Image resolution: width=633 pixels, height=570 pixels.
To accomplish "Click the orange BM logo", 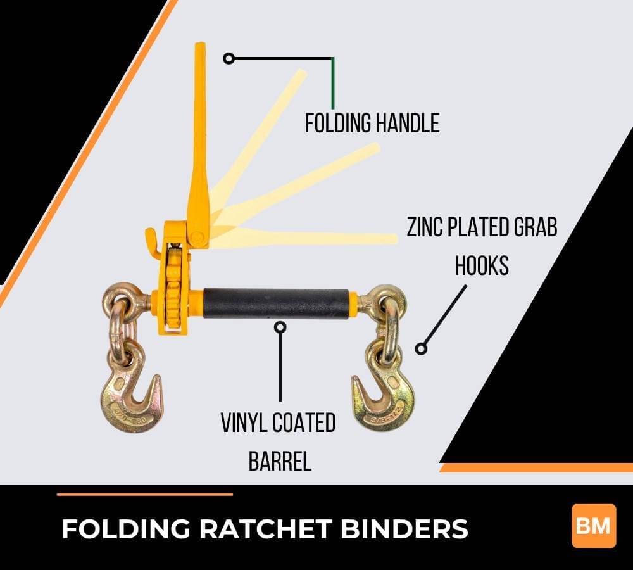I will (593, 525).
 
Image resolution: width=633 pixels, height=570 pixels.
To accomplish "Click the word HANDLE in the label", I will (406, 123).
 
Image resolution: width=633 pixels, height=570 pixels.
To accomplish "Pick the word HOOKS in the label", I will (482, 266).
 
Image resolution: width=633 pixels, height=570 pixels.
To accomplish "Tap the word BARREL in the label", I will (280, 461).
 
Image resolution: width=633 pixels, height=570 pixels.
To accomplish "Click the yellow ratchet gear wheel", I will (173, 288).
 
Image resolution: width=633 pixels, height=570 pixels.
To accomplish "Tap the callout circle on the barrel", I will (280, 327).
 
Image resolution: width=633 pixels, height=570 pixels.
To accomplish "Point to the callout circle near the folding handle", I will (229, 59).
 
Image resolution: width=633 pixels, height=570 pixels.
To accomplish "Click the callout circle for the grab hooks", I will (420, 348).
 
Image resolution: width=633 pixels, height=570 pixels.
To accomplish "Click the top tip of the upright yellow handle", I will (200, 46).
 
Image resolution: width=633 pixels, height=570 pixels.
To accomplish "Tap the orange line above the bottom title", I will (145, 494).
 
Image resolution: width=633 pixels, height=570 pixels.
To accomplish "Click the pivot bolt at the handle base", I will (197, 239).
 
